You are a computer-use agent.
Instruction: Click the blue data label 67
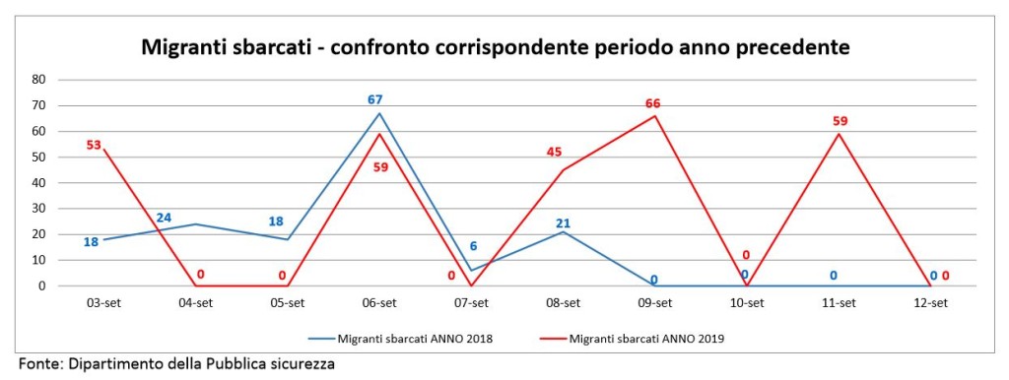click(x=375, y=99)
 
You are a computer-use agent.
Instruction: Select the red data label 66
click(x=652, y=103)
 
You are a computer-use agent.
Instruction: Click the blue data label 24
click(x=164, y=219)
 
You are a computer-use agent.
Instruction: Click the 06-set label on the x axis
click(x=379, y=303)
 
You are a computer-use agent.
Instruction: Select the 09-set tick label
click(x=655, y=303)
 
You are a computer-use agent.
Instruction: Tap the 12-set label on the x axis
click(x=931, y=303)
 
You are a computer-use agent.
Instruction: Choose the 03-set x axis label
click(x=103, y=303)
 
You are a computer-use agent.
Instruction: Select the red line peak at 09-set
click(x=655, y=116)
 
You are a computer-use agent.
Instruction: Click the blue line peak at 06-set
click(x=379, y=113)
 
